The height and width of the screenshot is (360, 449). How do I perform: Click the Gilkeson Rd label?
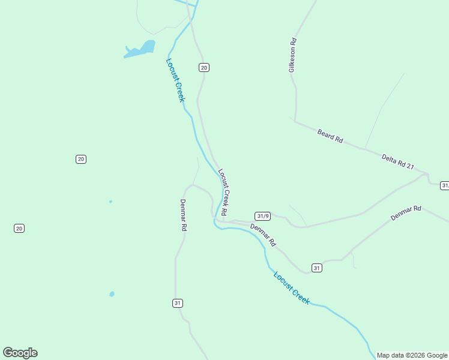[x=293, y=55]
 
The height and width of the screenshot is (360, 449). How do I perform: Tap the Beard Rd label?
[x=330, y=136]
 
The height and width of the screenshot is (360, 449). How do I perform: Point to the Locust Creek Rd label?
[x=222, y=192]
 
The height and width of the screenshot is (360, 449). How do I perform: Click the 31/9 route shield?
[x=262, y=216]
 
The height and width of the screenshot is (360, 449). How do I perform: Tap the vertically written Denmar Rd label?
[x=184, y=215]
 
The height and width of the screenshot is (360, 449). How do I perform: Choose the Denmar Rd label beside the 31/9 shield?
[x=262, y=235]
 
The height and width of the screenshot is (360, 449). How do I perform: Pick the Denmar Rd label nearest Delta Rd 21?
[x=406, y=213]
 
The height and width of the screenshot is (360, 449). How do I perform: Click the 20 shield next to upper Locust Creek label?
[x=204, y=68]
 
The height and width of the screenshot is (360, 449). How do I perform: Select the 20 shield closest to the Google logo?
[x=19, y=228]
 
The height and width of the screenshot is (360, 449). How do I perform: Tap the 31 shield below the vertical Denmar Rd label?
[x=177, y=303]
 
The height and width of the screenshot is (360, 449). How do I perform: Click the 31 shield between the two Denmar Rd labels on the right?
[x=317, y=268]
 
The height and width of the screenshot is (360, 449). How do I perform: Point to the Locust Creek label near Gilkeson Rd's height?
[x=175, y=80]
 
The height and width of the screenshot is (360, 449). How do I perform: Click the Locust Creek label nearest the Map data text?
[x=292, y=288]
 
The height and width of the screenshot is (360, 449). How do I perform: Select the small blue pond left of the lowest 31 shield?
[x=112, y=294]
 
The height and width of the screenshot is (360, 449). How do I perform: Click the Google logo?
[x=20, y=353]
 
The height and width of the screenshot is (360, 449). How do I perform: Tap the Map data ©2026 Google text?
[x=412, y=355]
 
